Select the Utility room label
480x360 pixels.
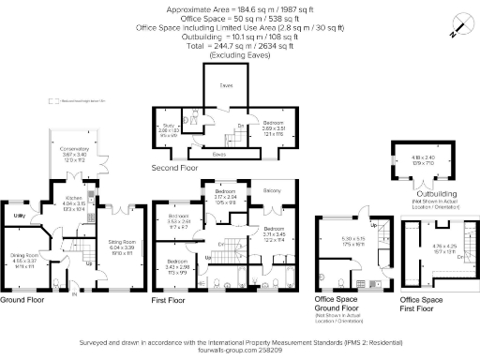click(x=18, y=216)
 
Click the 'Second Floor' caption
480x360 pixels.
click(x=176, y=168)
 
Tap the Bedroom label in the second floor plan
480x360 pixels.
click(x=272, y=123)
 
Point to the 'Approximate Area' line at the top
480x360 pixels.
click(x=239, y=8)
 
